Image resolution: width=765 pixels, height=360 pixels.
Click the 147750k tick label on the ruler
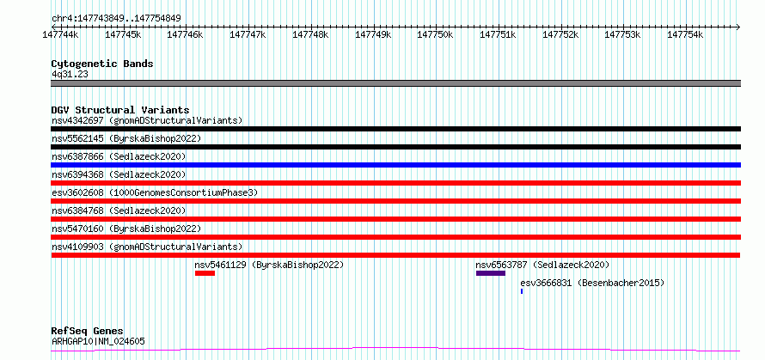pyautogui.click(x=435, y=34)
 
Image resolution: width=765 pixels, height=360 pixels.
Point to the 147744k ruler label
pyautogui.click(x=60, y=34)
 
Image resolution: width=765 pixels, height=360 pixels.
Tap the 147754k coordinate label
pyautogui.click(x=684, y=34)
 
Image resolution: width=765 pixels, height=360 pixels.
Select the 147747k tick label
pyautogui.click(x=248, y=34)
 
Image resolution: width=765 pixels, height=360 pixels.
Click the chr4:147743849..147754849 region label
pyautogui.click(x=116, y=18)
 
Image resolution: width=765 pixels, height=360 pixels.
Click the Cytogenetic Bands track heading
pyautogui.click(x=101, y=64)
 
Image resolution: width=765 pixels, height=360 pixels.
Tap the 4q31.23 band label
pyautogui.click(x=70, y=75)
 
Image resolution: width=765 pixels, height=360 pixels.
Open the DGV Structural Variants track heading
pyautogui.click(x=119, y=110)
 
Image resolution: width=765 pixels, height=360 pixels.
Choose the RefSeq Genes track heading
pyautogui.click(x=87, y=331)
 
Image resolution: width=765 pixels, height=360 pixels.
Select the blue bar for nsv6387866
pyautogui.click(x=395, y=165)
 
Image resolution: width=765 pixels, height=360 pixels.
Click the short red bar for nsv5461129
pyautogui.click(x=205, y=273)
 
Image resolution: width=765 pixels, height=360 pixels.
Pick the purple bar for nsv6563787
pyautogui.click(x=490, y=273)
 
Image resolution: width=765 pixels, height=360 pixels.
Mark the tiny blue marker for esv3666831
pyautogui.click(x=522, y=291)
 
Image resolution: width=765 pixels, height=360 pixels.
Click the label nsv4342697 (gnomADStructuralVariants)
pyautogui.click(x=147, y=120)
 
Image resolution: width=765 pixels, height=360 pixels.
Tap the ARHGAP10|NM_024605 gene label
pyautogui.click(x=99, y=342)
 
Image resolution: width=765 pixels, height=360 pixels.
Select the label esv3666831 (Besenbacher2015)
pyautogui.click(x=592, y=283)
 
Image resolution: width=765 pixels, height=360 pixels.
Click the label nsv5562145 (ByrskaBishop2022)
pyautogui.click(x=126, y=138)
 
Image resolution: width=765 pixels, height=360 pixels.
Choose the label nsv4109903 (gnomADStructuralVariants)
pyautogui.click(x=147, y=247)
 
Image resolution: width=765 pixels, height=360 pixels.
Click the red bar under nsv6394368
pyautogui.click(x=395, y=183)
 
